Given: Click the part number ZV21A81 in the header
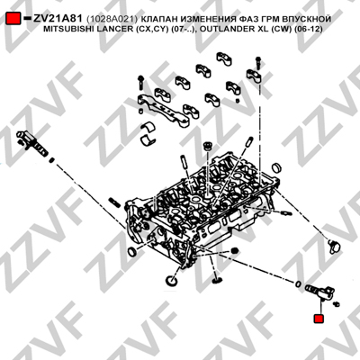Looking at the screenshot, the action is (x=58, y=19).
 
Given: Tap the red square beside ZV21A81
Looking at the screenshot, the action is (x=13, y=19).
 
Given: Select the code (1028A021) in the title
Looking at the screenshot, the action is (x=112, y=19).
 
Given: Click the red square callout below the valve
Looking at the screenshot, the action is (x=319, y=319).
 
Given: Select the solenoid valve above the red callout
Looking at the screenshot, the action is (x=319, y=292).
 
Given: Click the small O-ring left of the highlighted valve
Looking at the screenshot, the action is (x=298, y=283).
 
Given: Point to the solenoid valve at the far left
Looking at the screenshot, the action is (x=31, y=142).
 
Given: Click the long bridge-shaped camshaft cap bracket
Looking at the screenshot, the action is (x=164, y=111).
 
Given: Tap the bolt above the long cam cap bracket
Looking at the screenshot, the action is (x=140, y=83).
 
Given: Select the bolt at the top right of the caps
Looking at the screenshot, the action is (x=258, y=63).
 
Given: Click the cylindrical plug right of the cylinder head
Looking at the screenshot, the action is (x=277, y=168).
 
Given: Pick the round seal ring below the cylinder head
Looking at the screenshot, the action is (x=172, y=281).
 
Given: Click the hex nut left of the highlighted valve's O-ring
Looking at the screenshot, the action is (x=235, y=251).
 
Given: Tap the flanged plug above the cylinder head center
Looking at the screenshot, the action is (x=207, y=147).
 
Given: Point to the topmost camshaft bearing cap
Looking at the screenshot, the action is (x=224, y=58).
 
